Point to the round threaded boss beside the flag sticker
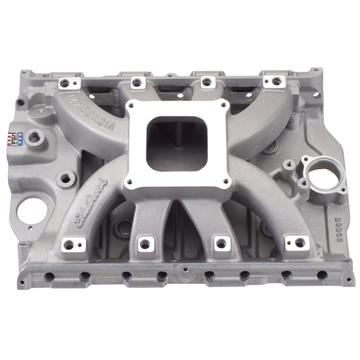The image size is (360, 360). [x=34, y=138]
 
